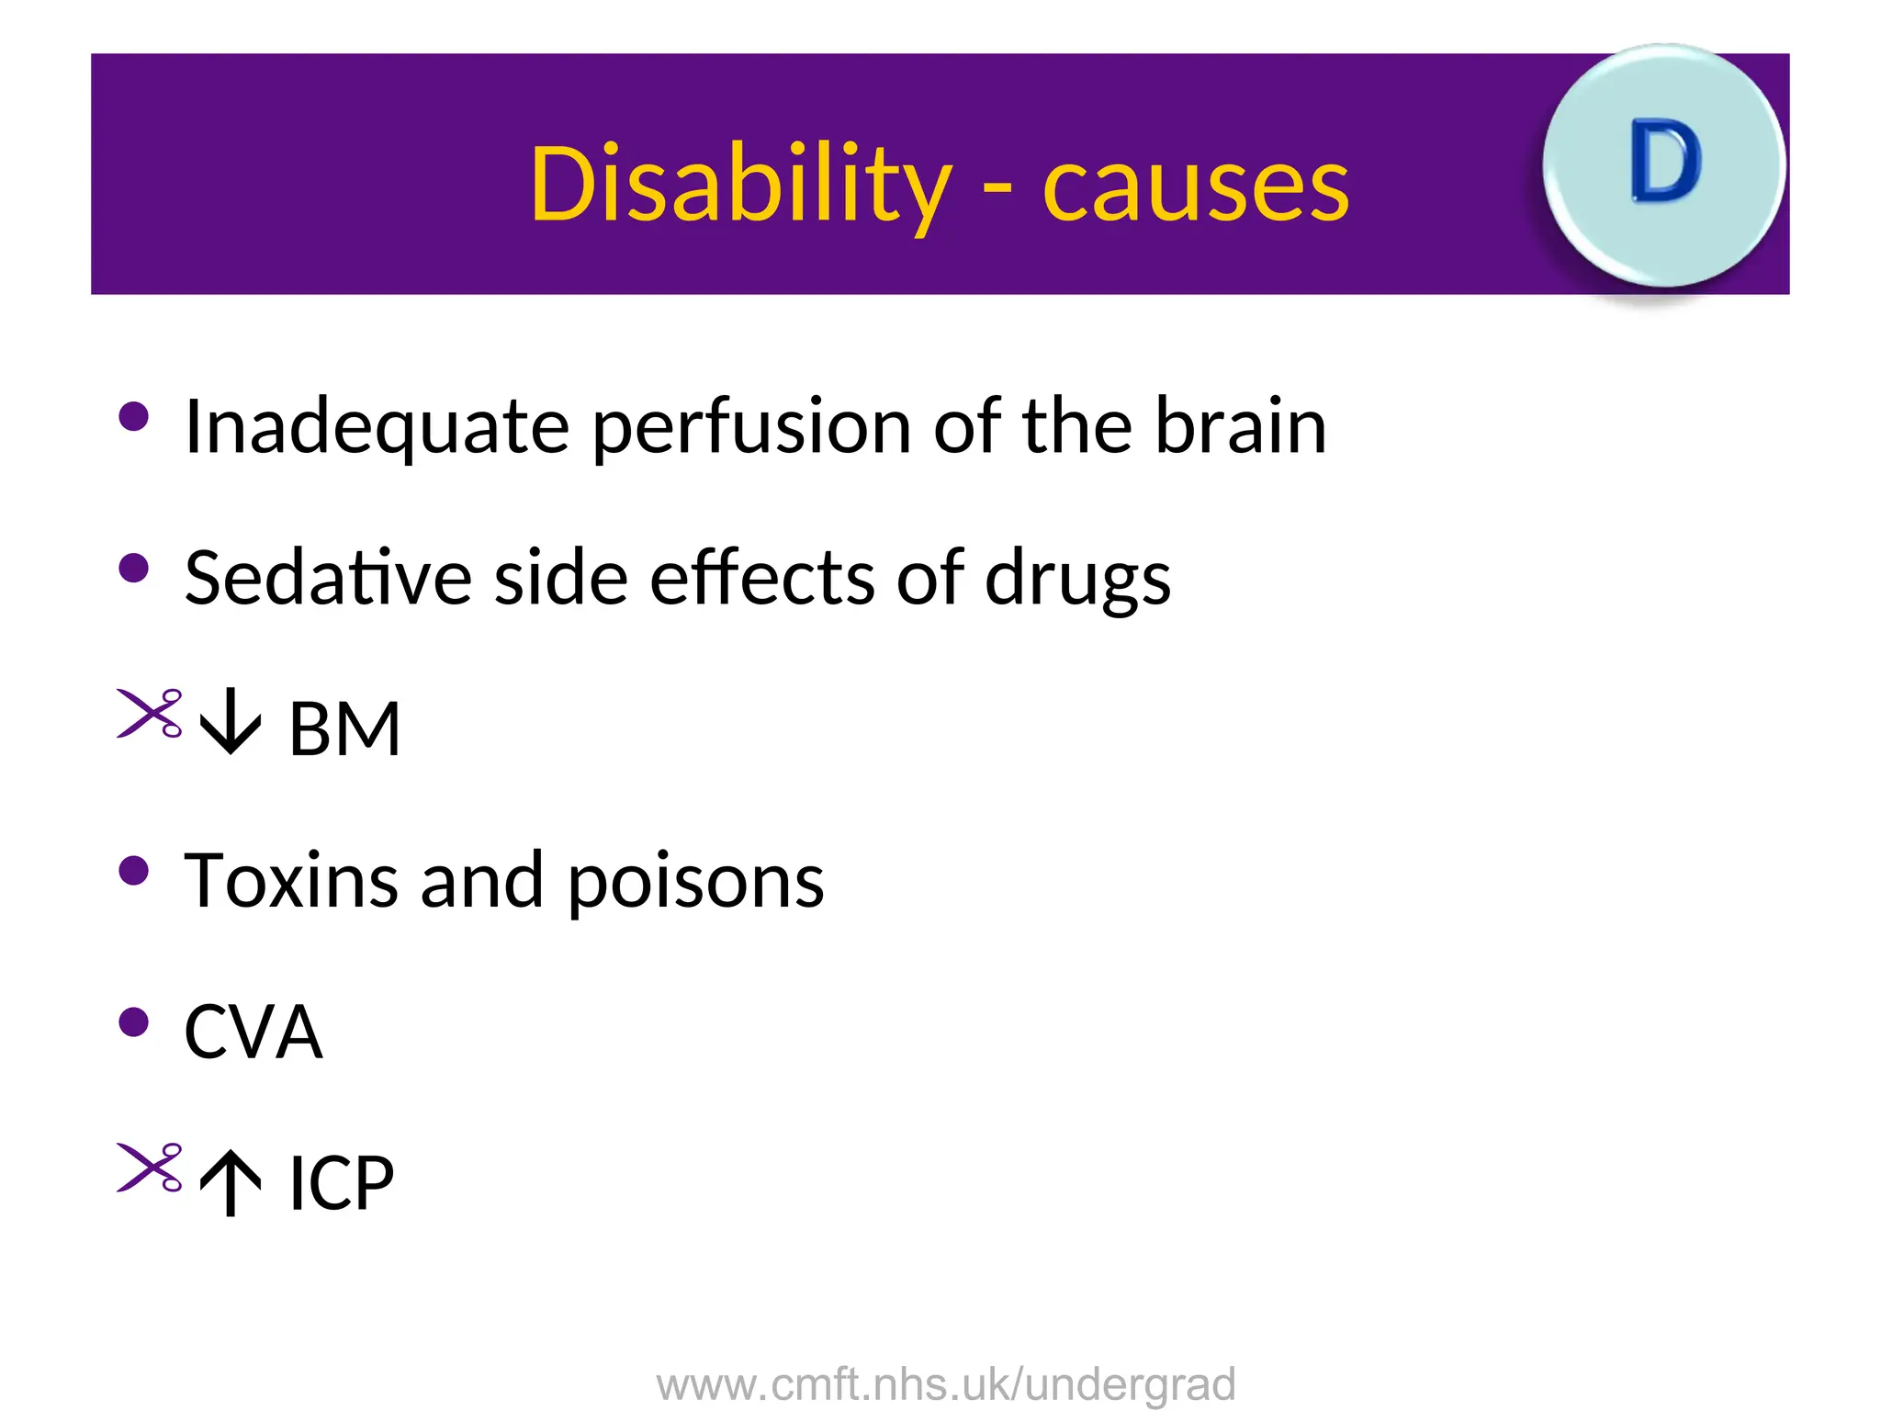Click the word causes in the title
(1196, 186)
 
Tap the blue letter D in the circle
(1666, 163)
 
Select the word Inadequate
(377, 427)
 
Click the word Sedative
(328, 578)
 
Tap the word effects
(761, 578)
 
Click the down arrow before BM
(231, 723)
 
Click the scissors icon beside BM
(150, 713)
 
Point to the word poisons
(695, 883)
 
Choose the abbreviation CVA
(253, 1032)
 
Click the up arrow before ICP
(231, 1184)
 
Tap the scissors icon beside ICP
(150, 1168)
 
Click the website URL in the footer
(946, 1383)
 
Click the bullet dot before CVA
(134, 1022)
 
